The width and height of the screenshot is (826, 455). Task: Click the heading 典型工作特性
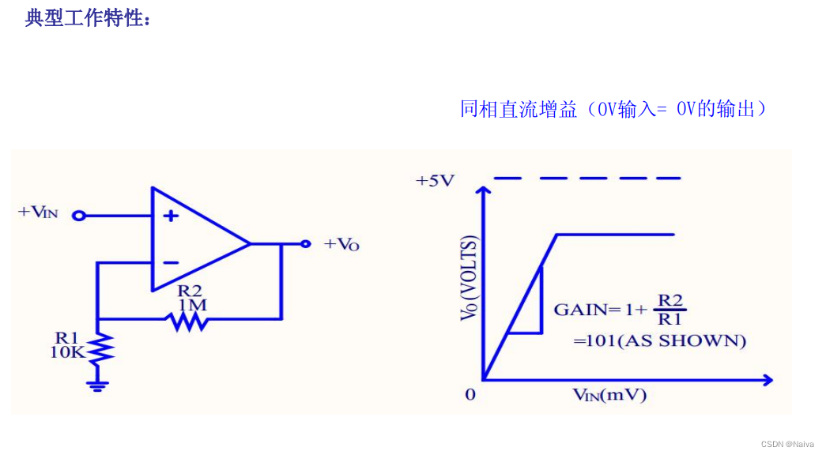[87, 18]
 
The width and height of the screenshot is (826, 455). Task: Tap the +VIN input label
[39, 212]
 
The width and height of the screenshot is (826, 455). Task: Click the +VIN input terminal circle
[78, 215]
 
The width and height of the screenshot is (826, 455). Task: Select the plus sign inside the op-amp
[171, 216]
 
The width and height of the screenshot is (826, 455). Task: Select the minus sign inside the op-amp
[171, 263]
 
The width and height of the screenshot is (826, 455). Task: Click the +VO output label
[341, 244]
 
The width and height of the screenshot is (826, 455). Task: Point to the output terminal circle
[305, 244]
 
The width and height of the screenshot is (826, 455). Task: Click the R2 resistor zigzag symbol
[187, 319]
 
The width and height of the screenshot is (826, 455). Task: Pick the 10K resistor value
[66, 353]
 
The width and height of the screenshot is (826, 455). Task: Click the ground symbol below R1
[98, 385]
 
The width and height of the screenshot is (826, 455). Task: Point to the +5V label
[435, 181]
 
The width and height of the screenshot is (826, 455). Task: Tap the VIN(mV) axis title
[609, 395]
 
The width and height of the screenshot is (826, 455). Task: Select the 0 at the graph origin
[470, 393]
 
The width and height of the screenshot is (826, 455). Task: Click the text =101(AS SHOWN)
[660, 341]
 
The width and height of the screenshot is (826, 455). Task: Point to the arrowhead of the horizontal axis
[766, 381]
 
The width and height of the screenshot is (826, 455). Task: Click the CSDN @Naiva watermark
[787, 444]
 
